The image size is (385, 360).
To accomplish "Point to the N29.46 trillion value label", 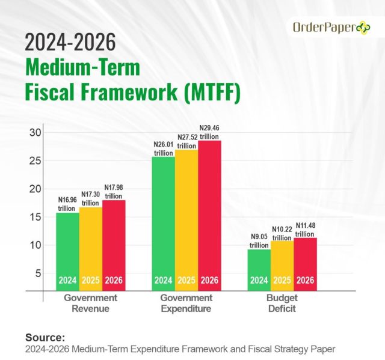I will (x=209, y=132).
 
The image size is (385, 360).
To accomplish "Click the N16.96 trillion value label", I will (x=67, y=204).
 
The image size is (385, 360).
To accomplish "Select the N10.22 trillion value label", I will (x=282, y=233).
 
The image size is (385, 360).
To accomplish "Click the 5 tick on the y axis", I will (x=37, y=273).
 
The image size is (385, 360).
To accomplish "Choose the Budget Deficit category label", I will (x=282, y=304).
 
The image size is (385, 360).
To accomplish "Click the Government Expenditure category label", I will (x=186, y=304).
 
